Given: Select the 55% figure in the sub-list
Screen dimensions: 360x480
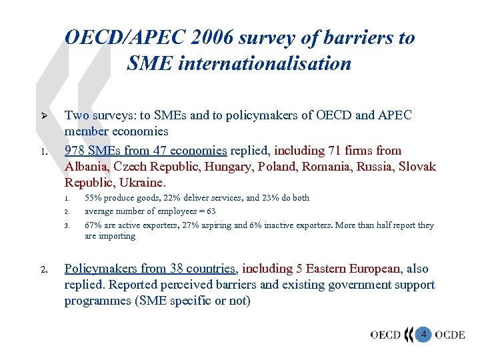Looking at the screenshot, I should [x=93, y=198].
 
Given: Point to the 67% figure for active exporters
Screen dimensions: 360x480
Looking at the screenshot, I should [x=93, y=225].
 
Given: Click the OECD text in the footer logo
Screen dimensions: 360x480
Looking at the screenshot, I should [x=385, y=334].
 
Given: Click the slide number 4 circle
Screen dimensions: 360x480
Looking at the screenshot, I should [x=423, y=333].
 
